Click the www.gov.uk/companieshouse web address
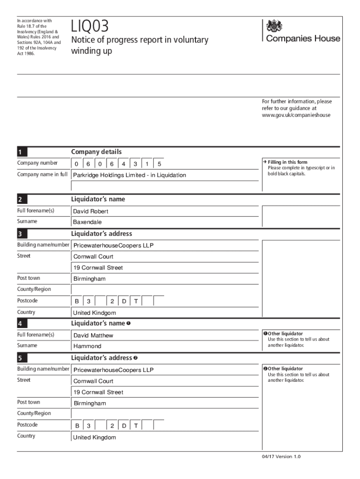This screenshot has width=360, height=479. [x=296, y=115]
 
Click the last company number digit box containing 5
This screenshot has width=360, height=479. [x=159, y=164]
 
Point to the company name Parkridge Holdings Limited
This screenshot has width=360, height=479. [x=130, y=175]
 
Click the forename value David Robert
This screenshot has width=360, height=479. [x=91, y=211]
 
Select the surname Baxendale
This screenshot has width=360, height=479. [x=87, y=222]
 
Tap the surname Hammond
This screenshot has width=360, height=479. [x=87, y=346]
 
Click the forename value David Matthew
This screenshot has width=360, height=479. [x=93, y=335]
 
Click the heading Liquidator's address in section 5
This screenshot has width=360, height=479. [x=101, y=358]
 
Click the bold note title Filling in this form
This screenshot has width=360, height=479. [x=288, y=162]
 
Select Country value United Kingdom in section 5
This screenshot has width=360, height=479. [x=94, y=437]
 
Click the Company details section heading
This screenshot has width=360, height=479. [x=96, y=152]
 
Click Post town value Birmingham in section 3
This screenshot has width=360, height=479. [x=89, y=279]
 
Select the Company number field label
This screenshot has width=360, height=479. [x=37, y=163]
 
